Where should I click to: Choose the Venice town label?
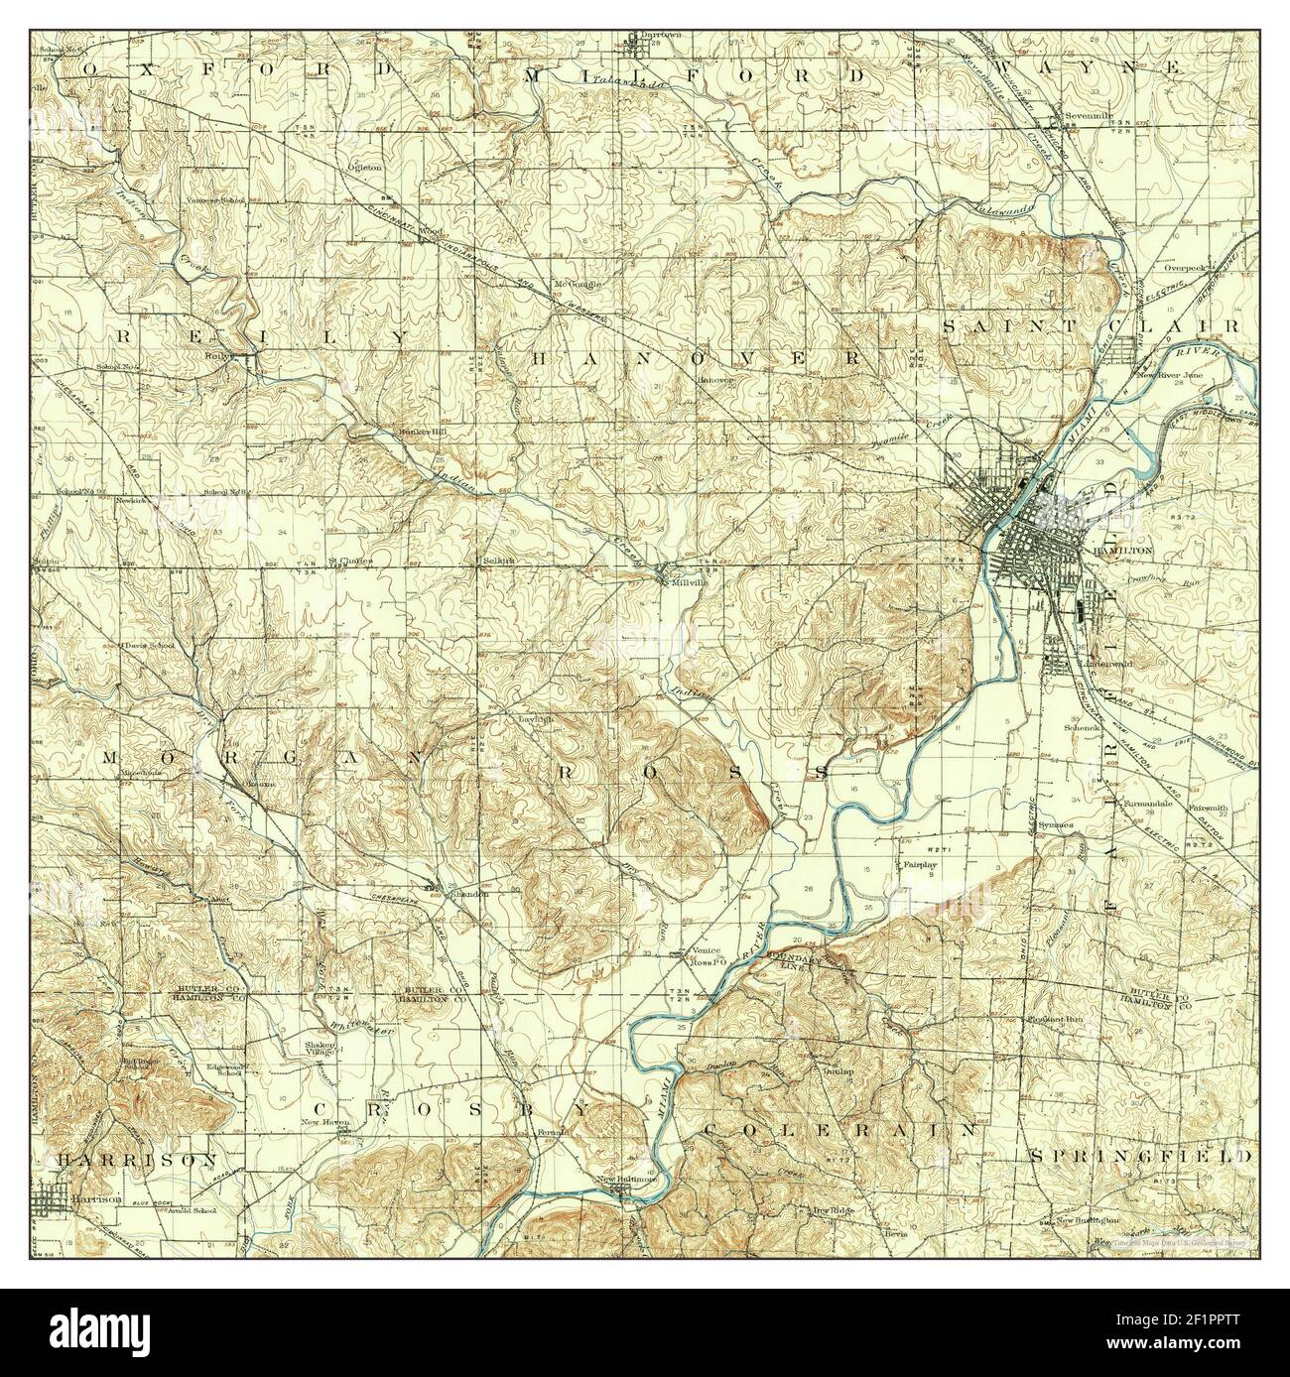[709, 950]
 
